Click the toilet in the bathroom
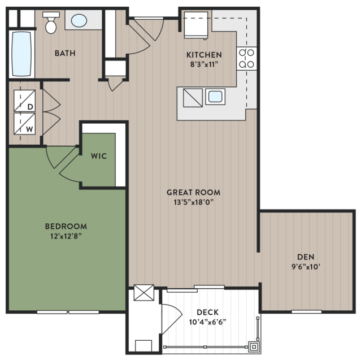coord(51,23)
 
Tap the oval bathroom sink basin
coord(79,20)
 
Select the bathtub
coord(21,54)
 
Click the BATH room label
coord(65,53)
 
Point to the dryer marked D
coord(25,101)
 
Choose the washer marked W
coord(25,124)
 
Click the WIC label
coord(99,156)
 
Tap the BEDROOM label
coord(66,227)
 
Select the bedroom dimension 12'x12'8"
coord(66,236)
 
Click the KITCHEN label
coord(204,55)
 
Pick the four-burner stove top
coord(246,59)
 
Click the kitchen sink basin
coord(215,97)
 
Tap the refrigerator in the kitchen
coord(196,25)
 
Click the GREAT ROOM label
coord(193,192)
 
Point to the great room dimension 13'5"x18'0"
coord(194,202)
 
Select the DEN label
coord(306,257)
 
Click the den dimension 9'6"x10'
coord(306,267)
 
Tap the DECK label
coord(208,313)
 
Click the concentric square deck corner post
coord(254,346)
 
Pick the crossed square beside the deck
coord(144,293)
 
